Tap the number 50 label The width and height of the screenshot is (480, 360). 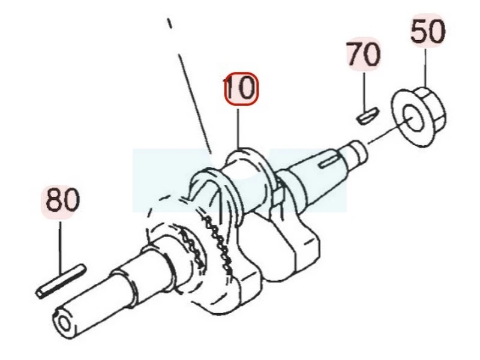tap(428, 31)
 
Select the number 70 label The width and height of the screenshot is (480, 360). tap(364, 54)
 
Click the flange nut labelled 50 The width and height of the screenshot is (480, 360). tap(418, 116)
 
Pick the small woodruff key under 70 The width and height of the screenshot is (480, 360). tap(368, 116)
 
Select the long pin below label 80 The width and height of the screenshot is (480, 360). tap(61, 281)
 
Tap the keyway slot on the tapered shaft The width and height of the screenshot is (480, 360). tap(329, 161)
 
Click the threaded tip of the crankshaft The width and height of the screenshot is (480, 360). tap(357, 152)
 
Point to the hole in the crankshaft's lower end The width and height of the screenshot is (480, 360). tap(64, 324)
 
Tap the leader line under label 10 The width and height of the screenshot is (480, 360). tap(238, 130)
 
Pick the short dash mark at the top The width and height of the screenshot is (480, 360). tap(169, 23)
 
